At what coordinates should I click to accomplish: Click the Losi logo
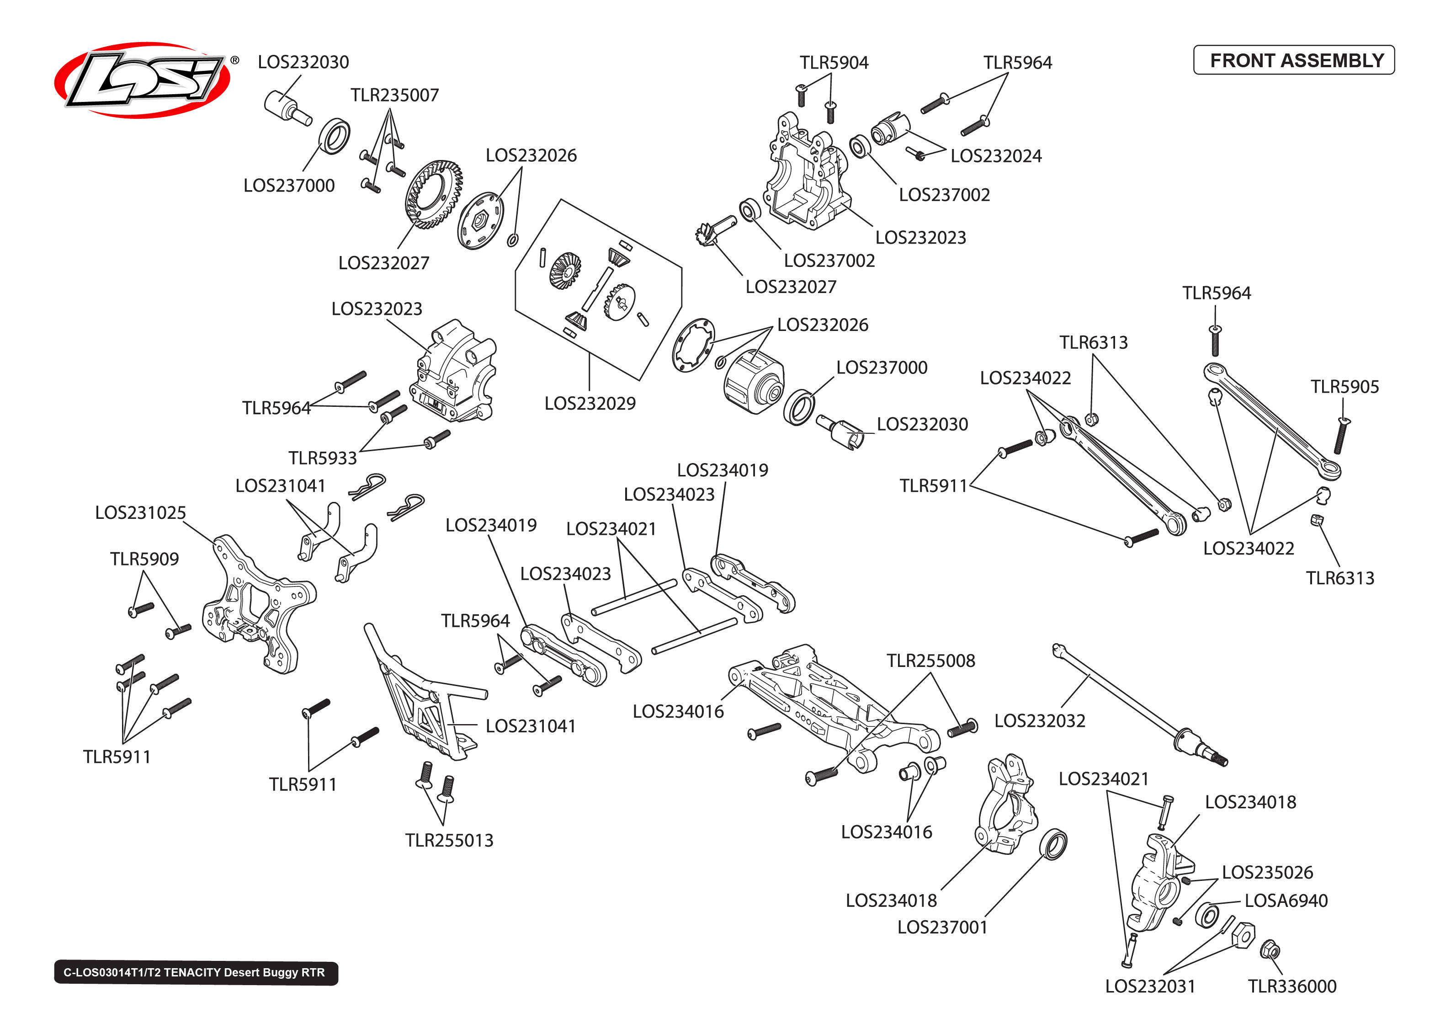(143, 80)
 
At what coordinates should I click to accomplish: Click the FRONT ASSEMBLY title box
(1293, 60)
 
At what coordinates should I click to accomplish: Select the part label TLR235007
(394, 95)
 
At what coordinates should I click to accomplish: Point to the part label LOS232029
(590, 404)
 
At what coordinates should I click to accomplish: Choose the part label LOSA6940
(1285, 901)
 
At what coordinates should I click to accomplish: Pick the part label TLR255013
(449, 840)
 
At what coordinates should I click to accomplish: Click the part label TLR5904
(834, 63)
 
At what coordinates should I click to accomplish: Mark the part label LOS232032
(1039, 721)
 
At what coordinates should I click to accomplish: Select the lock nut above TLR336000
(1270, 950)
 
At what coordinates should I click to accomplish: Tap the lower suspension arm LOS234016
(829, 704)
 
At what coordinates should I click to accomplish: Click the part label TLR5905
(1344, 387)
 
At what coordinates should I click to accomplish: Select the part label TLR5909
(144, 559)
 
